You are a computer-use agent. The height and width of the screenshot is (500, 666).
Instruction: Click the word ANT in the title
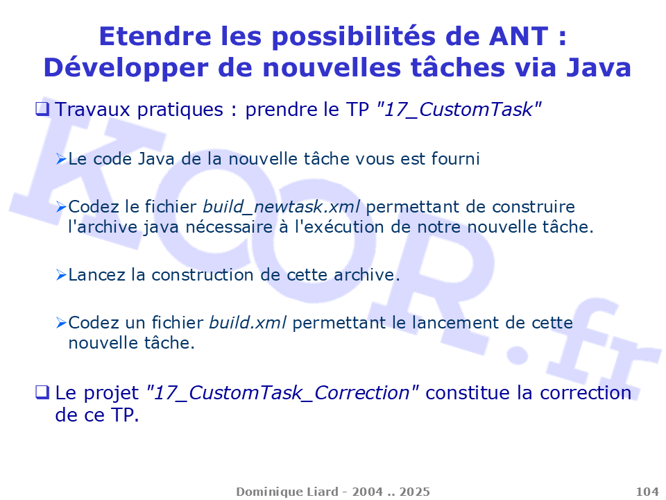coord(519,36)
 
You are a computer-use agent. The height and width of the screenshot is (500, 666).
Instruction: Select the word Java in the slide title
coord(599,68)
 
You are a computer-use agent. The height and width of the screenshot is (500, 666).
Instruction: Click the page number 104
coord(647,492)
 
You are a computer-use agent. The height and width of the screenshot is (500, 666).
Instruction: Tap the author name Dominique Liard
coord(287,492)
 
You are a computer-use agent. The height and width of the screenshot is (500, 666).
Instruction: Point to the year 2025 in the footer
coord(415,492)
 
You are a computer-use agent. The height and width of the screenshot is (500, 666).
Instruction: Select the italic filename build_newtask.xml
coord(282,207)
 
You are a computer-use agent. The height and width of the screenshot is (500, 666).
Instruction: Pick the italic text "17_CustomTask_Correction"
coord(282,393)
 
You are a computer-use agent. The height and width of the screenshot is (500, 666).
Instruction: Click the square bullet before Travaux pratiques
coord(42,109)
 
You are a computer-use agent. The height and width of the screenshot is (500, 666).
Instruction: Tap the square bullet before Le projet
coord(42,392)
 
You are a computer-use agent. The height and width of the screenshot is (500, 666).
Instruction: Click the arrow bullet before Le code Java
coord(62,159)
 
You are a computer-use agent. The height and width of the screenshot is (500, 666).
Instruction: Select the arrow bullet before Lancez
coord(62,275)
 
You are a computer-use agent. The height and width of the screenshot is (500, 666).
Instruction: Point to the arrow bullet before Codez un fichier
coord(62,323)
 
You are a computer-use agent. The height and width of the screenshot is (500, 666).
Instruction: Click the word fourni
coord(455,158)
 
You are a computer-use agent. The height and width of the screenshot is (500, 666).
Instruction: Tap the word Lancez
coord(97,275)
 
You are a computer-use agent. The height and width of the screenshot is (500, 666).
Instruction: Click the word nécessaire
coord(229,227)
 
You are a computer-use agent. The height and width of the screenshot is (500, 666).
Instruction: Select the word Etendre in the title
coord(155,36)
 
